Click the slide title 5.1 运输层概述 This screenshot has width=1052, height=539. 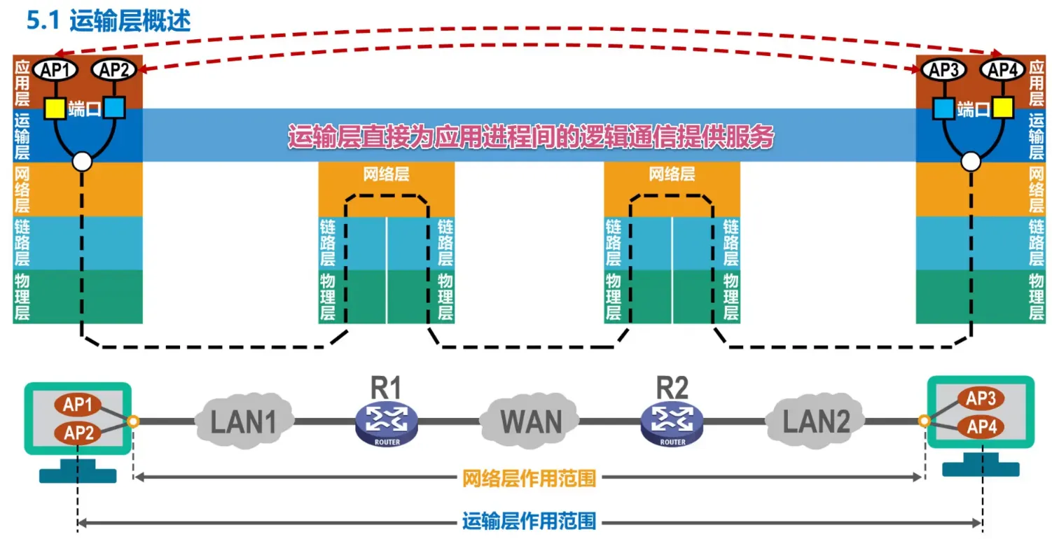pos(108,21)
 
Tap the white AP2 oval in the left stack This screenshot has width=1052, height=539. pos(113,69)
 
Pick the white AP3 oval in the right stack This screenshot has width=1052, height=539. pos(943,69)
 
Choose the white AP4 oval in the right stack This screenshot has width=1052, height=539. pos(1002,69)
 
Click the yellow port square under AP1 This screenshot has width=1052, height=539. pos(54,108)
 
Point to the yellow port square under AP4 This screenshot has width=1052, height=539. pos(1002,108)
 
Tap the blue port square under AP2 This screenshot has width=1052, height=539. pos(114,108)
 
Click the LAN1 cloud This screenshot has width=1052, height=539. pos(244,421)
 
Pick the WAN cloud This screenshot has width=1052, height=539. pos(531,421)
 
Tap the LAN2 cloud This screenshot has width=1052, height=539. pos(816,421)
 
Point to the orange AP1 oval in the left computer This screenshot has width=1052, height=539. pos(78,405)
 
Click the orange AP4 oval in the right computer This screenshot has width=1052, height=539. pos(981,426)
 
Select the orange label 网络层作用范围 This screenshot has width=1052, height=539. pos(530,479)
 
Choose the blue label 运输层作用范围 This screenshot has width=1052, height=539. pos(530,521)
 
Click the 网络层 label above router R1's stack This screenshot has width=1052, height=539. pos(386,174)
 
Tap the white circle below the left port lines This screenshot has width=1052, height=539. pos(83,162)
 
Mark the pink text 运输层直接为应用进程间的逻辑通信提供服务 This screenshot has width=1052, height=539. pos(531,136)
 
